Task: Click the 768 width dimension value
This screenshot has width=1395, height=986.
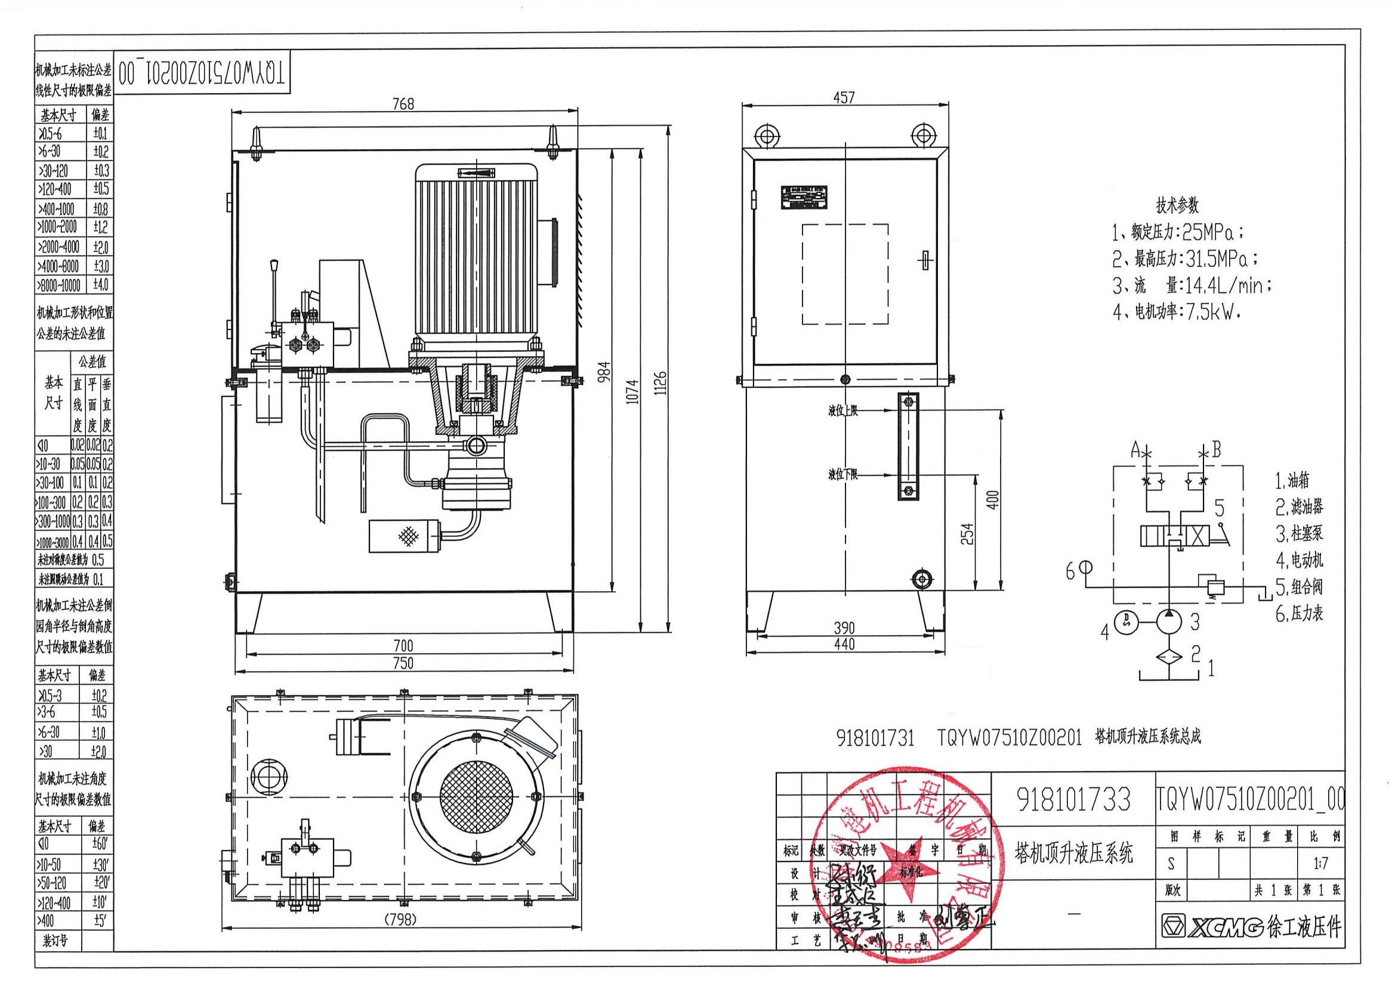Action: (x=403, y=104)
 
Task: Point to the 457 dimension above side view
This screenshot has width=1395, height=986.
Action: (x=844, y=97)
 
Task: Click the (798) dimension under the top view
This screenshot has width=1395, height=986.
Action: (x=400, y=920)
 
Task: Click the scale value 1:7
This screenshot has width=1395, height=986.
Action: (x=1320, y=863)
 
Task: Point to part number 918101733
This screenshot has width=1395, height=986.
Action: (x=1073, y=799)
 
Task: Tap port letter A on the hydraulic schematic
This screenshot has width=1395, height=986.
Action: (x=1134, y=450)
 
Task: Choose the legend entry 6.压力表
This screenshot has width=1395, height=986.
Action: (x=1299, y=614)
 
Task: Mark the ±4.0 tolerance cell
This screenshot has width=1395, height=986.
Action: (x=100, y=285)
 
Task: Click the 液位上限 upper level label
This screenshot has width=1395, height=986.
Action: (x=842, y=412)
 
